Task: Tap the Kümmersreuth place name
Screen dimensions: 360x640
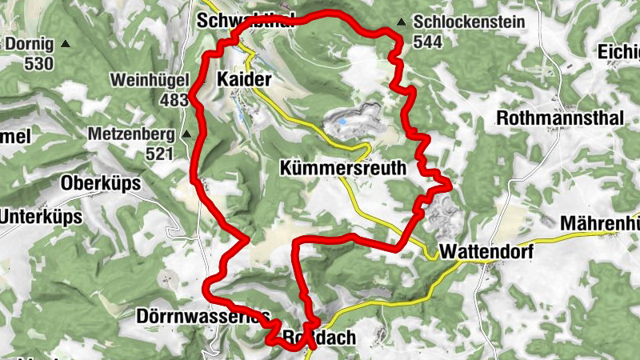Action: [342, 169]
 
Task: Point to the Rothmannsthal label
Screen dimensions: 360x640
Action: [560, 118]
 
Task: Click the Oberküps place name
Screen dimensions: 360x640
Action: [101, 183]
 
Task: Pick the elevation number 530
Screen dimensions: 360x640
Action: [39, 63]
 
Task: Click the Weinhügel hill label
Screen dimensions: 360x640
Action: [149, 81]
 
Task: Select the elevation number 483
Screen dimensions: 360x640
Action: [174, 100]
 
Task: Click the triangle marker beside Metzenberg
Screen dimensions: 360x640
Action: [186, 134]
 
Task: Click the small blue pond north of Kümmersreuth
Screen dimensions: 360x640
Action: [342, 122]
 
